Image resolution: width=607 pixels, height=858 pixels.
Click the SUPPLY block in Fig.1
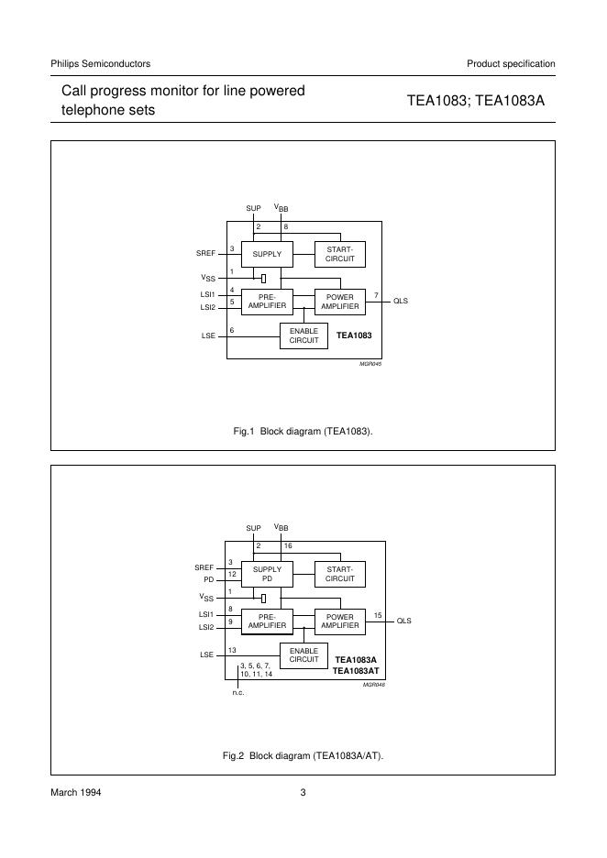(x=267, y=254)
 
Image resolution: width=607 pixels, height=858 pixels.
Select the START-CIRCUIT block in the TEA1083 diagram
(x=339, y=254)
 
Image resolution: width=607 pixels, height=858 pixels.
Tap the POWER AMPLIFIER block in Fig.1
(x=339, y=301)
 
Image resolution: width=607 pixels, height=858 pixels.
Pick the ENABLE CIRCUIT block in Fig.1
(x=303, y=335)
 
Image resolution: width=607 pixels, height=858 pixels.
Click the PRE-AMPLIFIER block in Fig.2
(x=267, y=621)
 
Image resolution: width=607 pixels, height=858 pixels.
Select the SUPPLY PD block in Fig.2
(x=267, y=574)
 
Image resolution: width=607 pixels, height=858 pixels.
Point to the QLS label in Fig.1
(x=401, y=301)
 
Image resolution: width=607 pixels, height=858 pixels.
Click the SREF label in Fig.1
(x=205, y=252)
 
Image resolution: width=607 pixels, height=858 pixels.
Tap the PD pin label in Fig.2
(x=208, y=580)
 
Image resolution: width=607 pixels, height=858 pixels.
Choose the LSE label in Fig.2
(x=207, y=655)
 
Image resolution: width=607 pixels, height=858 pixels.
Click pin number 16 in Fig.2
(x=287, y=546)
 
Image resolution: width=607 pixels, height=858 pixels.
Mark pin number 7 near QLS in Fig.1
(x=375, y=294)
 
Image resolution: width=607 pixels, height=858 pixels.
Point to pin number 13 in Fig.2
(x=233, y=650)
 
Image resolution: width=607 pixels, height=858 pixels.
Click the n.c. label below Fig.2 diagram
(x=238, y=693)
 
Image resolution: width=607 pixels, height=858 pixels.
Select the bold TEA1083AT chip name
(x=357, y=671)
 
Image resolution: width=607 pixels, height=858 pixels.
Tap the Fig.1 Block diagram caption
(x=303, y=430)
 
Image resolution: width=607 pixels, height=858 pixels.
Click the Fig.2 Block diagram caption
(x=303, y=756)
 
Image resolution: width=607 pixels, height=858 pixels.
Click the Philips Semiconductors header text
(x=100, y=63)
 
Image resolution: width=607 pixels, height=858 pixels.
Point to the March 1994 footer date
(x=75, y=793)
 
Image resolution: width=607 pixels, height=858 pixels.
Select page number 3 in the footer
(x=303, y=793)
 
